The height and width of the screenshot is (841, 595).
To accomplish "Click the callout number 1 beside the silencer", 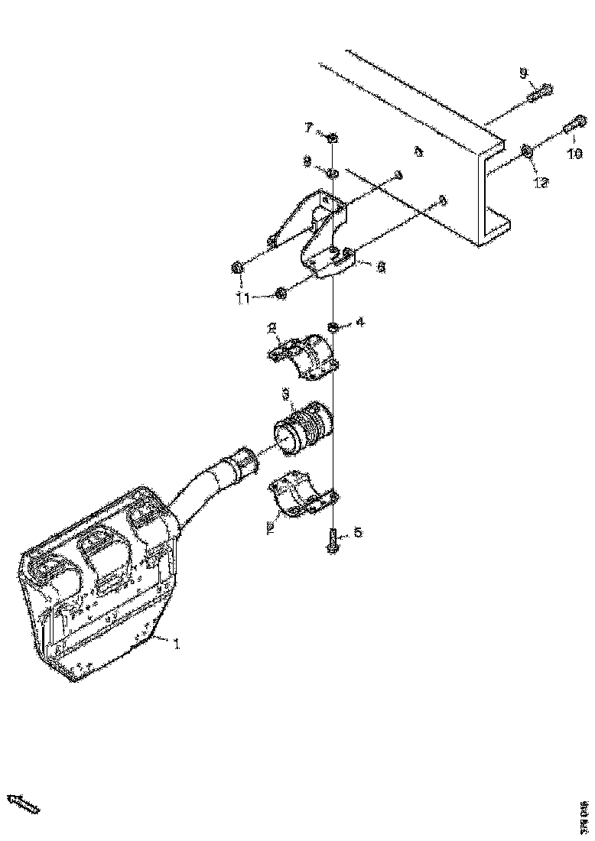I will pyautogui.click(x=177, y=645).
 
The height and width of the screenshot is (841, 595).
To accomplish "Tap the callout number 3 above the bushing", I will pyautogui.click(x=284, y=394).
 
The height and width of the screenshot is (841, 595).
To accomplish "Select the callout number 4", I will pyautogui.click(x=359, y=323).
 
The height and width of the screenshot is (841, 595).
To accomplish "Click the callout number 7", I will pyautogui.click(x=310, y=126).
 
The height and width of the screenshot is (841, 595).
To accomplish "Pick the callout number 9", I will pyautogui.click(x=524, y=73).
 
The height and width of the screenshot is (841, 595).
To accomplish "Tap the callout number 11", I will pyautogui.click(x=242, y=299).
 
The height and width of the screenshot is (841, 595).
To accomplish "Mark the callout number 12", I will pyautogui.click(x=541, y=183).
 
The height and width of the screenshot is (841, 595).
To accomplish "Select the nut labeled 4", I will pyautogui.click(x=334, y=328).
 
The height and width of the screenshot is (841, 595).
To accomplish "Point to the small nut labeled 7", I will pyautogui.click(x=333, y=138).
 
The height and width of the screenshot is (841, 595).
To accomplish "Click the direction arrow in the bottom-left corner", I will pyautogui.click(x=23, y=803).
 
